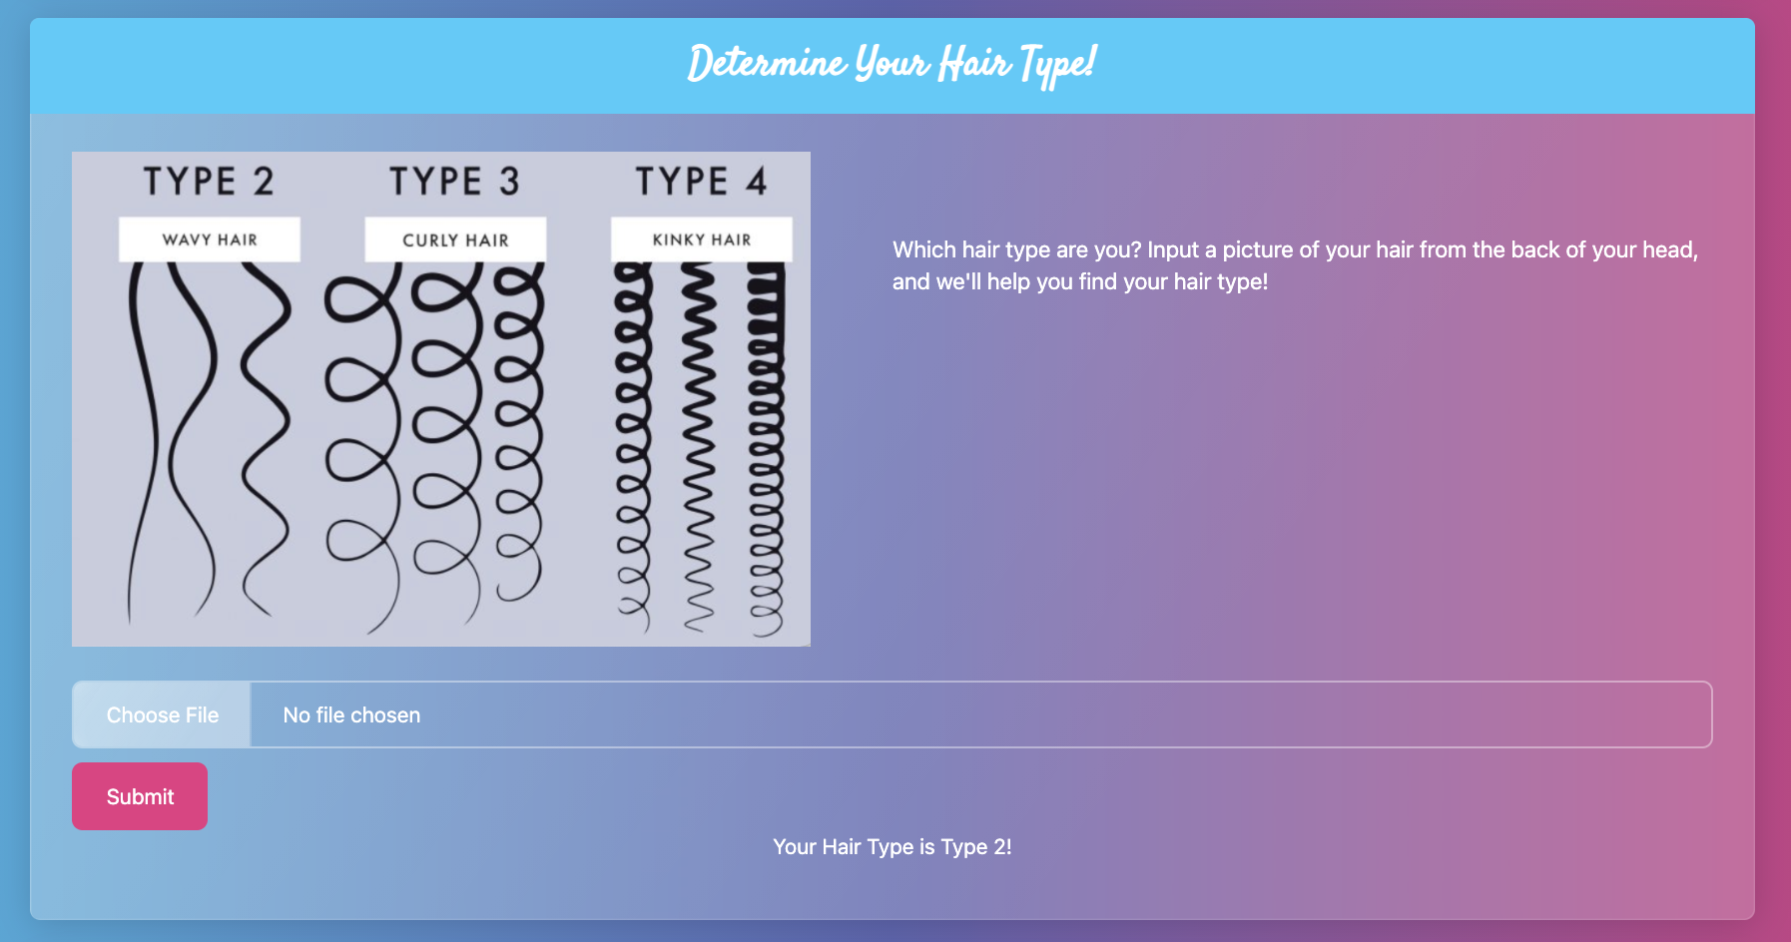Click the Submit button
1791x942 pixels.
coord(140,796)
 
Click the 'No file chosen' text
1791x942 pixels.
coord(351,715)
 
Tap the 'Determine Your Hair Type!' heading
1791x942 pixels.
coord(893,64)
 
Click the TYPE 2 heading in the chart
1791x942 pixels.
coord(209,182)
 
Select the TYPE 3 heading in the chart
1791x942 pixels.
coord(455,182)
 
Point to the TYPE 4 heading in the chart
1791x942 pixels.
coord(702,182)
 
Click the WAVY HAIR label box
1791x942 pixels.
coord(210,239)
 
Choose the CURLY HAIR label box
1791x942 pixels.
coord(455,239)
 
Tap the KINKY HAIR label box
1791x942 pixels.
coord(702,239)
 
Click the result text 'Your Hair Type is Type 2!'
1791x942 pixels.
coord(893,847)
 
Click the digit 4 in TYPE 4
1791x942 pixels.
coord(757,182)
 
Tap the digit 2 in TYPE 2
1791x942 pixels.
coord(264,182)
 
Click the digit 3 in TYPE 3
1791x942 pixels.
coord(510,182)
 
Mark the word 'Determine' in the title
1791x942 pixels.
coord(767,64)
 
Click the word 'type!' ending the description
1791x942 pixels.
coord(1242,282)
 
